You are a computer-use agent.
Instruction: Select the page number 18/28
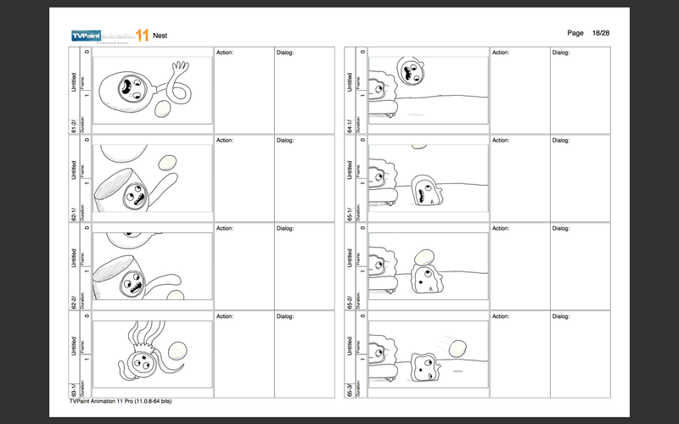600,32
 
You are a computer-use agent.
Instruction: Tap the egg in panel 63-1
177,349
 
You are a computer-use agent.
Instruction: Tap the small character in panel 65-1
424,192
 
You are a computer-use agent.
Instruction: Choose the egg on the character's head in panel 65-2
424,258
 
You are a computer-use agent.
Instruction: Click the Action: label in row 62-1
225,140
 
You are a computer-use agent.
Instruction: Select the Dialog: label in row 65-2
562,228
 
